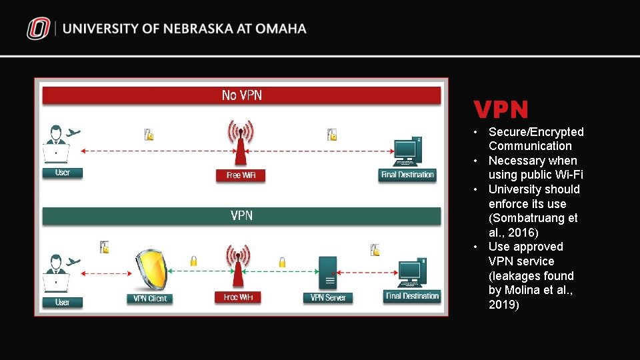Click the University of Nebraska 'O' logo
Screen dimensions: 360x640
[39, 29]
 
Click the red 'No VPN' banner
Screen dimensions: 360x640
[241, 96]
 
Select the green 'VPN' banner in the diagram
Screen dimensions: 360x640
[241, 216]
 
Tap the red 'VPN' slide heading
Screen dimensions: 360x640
[501, 110]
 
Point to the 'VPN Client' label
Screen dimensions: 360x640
[149, 299]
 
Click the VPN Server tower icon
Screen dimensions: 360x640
[328, 272]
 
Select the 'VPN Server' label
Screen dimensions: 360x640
[328, 298]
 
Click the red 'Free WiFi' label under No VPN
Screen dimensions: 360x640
[241, 175]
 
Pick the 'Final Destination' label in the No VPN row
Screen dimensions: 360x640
[407, 175]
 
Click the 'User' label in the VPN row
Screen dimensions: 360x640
[63, 302]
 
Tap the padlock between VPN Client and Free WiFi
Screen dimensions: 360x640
[193, 262]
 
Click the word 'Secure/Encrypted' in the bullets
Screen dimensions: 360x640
[536, 132]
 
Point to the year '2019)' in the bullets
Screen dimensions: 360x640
[503, 305]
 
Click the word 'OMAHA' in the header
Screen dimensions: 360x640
[280, 29]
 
